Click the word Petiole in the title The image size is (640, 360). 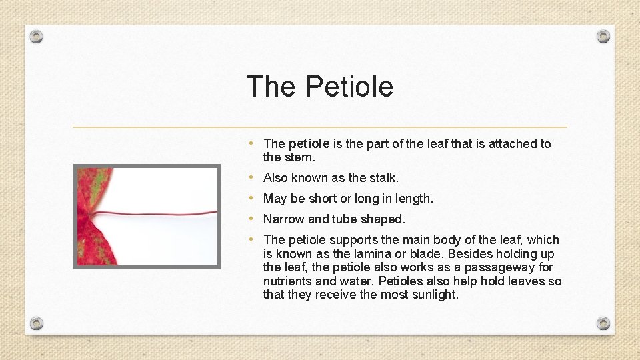(x=349, y=87)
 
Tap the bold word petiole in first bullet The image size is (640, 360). (x=309, y=143)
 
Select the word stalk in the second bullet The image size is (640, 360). (x=383, y=178)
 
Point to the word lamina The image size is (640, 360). (x=373, y=254)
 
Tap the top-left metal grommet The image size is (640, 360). (x=37, y=36)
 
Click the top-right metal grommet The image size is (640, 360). (x=603, y=36)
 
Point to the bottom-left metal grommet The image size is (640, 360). (x=37, y=323)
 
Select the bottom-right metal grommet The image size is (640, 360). (x=603, y=323)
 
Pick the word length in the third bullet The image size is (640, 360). (x=413, y=199)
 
